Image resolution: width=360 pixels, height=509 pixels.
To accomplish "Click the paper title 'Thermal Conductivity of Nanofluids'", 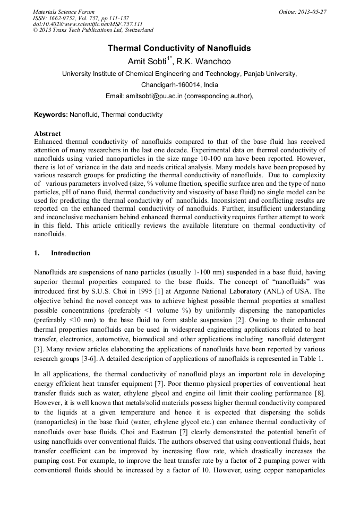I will click(x=179, y=48).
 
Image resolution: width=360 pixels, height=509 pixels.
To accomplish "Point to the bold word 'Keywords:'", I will click(x=51, y=114).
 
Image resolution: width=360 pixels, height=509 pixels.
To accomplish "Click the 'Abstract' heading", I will click(x=47, y=134).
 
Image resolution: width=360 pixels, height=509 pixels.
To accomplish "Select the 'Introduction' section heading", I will click(x=71, y=253).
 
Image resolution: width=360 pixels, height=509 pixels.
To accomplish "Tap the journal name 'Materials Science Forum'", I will click(x=64, y=12).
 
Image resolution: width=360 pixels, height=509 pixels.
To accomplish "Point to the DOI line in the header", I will click(x=88, y=24).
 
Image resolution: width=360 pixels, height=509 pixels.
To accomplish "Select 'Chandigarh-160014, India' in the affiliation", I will click(x=179, y=85).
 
